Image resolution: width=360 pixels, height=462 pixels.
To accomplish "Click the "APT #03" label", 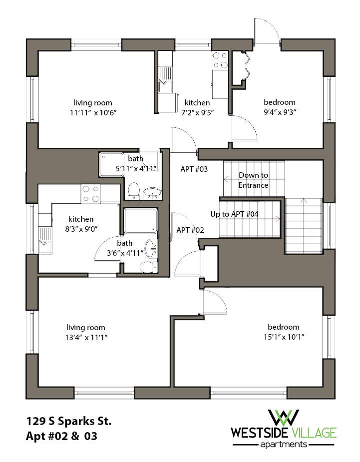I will click(194, 169).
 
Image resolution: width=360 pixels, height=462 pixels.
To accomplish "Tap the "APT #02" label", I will click(190, 230).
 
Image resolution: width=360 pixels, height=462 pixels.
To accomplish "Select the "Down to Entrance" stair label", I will click(253, 180).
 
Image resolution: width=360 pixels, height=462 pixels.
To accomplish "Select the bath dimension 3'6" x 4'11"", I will click(124, 253).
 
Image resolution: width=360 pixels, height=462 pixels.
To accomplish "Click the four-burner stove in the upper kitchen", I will click(220, 60).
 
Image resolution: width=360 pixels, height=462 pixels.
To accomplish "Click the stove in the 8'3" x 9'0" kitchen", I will click(90, 194).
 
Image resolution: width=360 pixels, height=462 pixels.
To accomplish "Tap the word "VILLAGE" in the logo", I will click(314, 432).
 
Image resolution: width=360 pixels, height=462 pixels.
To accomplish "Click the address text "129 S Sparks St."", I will click(68, 421).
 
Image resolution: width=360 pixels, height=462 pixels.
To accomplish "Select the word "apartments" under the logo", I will click(283, 444).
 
